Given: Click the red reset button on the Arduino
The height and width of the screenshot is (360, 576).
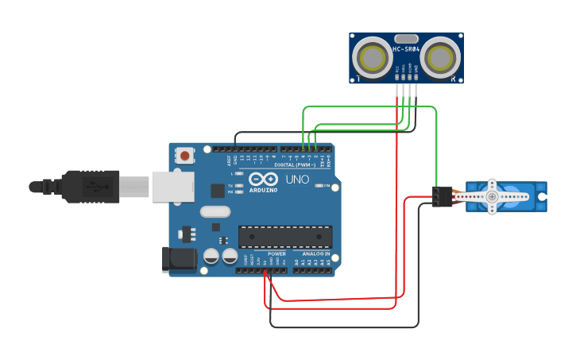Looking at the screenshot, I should pos(185,156).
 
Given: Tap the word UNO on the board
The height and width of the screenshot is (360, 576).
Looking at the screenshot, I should pos(297,180).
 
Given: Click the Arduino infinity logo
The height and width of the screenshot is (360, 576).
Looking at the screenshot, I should pos(262,179).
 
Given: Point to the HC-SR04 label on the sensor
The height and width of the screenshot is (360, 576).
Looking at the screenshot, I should pos(405,49).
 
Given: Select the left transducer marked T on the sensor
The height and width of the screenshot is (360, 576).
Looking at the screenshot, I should pos(371,58).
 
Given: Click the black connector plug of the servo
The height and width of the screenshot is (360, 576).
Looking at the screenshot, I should pos(442,196).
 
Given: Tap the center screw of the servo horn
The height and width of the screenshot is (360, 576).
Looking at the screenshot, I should pos(493,195).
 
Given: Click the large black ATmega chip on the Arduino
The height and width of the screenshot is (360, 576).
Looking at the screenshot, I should pos(285,236).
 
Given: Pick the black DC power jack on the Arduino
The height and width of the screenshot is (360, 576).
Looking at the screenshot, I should pos(178,259).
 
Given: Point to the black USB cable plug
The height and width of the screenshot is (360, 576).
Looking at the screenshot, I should pos(91,187).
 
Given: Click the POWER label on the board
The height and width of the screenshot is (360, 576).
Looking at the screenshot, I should pos(276,254).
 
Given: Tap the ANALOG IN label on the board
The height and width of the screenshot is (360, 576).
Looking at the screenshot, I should pos(315,254).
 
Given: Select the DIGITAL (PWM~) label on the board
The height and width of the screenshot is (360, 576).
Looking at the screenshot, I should pos(295,165).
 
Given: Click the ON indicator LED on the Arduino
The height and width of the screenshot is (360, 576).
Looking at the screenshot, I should pos(317,185).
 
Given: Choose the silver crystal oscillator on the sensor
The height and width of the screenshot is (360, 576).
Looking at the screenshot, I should pos(405,38).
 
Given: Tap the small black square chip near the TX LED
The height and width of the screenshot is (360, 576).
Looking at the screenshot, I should pos(217,190).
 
